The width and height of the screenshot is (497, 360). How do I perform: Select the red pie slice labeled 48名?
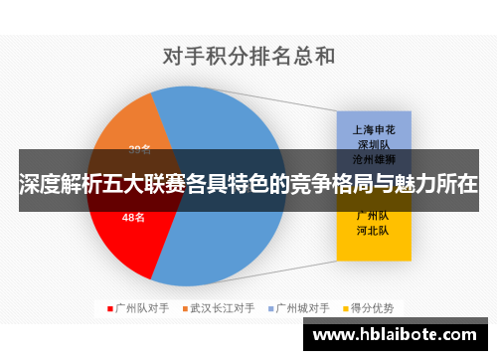(x=124, y=234)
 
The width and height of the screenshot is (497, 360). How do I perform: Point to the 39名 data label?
(x=139, y=150)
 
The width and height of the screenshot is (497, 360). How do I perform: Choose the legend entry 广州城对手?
(x=303, y=308)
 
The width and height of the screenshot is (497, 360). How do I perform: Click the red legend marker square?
(x=109, y=308)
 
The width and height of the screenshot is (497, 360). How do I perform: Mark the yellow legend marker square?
(x=348, y=308)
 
